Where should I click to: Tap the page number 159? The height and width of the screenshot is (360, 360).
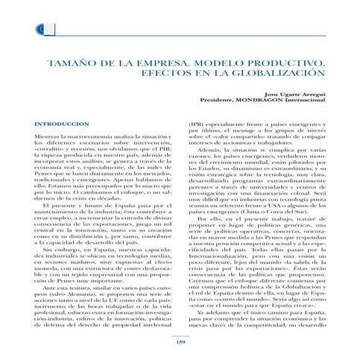point(179,342)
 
